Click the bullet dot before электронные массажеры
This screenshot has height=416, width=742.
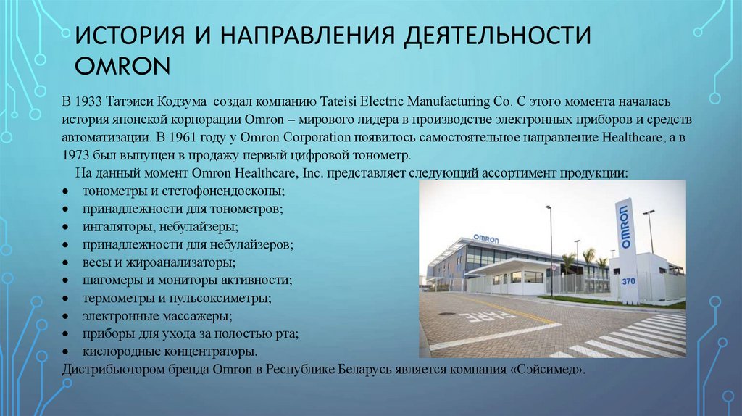point(65,317)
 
